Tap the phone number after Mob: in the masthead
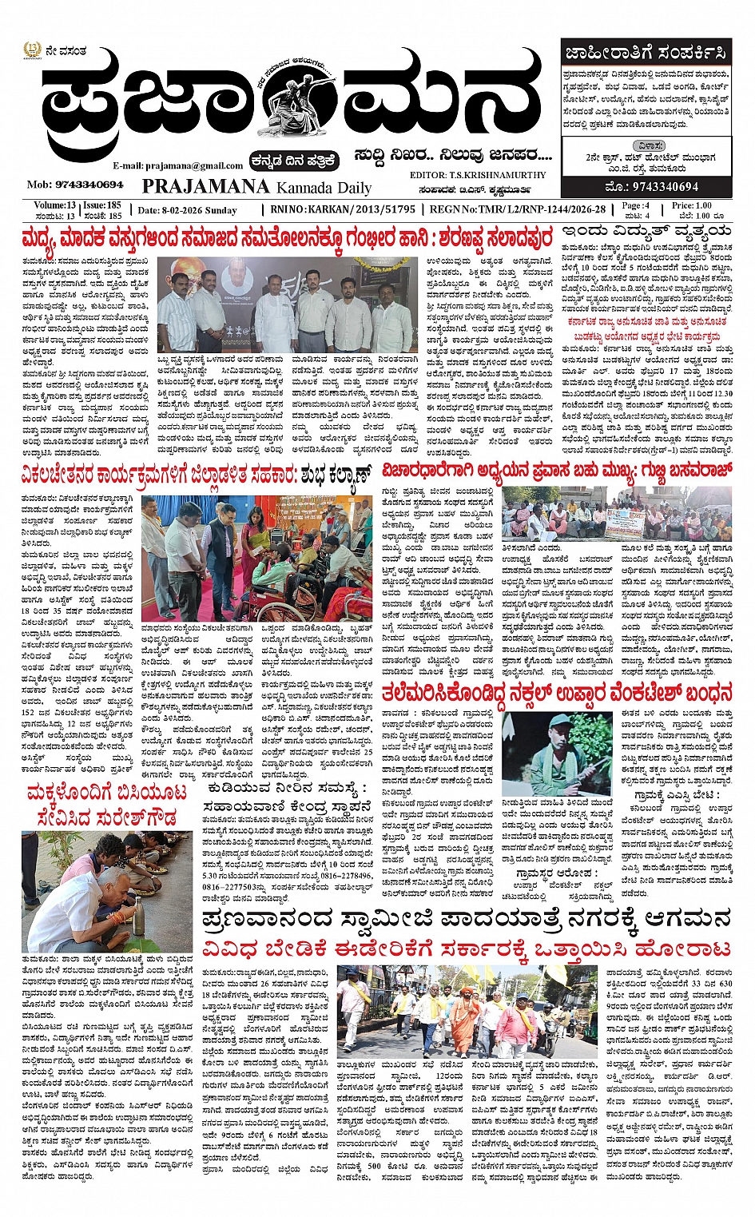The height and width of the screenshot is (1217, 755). click(75, 185)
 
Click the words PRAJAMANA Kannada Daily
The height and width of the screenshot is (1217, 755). click(256, 187)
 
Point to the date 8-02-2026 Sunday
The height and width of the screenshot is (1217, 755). click(188, 210)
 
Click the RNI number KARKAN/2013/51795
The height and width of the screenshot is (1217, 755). click(354, 209)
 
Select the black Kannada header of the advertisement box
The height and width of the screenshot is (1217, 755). click(645, 53)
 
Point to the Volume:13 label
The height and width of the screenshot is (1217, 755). click(54, 205)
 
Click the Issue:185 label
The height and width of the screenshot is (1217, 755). click(102, 205)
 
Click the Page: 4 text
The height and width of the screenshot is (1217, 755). click(636, 205)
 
